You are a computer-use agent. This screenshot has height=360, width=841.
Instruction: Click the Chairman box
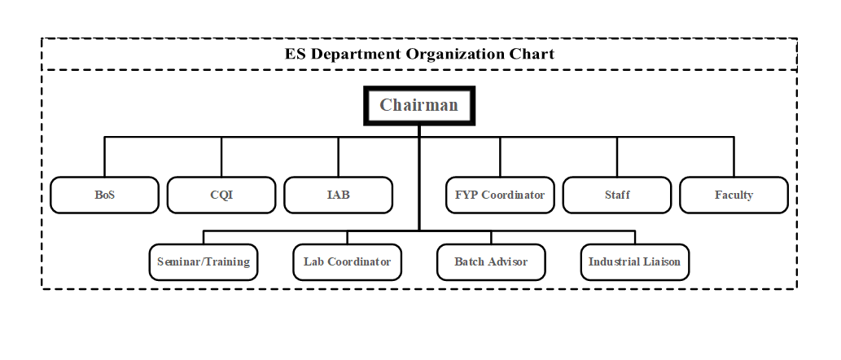click(x=418, y=105)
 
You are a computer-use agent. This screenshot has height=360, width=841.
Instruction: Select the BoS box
click(x=104, y=195)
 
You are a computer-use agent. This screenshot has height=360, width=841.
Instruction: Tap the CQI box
click(x=221, y=195)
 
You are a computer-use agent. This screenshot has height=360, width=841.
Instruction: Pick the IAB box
click(x=338, y=195)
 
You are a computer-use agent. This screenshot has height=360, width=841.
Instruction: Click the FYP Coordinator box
click(x=500, y=195)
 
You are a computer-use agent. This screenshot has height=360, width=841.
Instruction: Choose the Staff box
click(x=617, y=195)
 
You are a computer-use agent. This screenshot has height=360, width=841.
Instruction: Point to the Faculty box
click(x=734, y=195)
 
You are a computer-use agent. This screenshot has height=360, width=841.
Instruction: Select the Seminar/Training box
click(x=204, y=262)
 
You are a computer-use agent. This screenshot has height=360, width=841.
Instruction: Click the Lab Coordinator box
click(x=347, y=262)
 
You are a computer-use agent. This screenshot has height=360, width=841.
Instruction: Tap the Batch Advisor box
click(x=491, y=262)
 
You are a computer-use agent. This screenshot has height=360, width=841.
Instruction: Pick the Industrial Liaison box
click(x=634, y=262)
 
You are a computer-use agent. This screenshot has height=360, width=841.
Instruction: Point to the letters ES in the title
click(x=296, y=55)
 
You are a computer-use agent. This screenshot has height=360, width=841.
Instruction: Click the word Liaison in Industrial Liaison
click(x=661, y=262)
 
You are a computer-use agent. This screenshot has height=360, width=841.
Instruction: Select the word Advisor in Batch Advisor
click(x=506, y=262)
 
